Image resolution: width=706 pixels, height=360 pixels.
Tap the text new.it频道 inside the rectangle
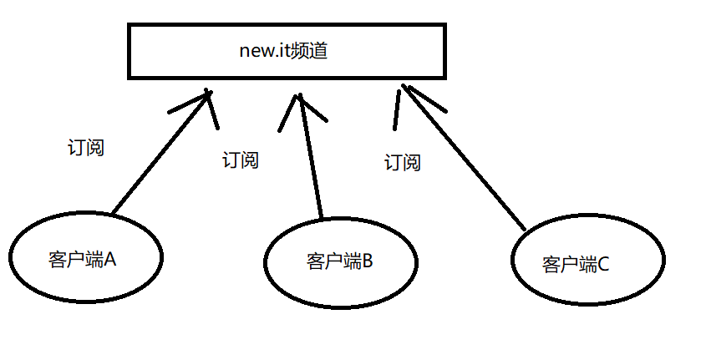(282, 51)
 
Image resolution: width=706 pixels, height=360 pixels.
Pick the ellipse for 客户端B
(340, 262)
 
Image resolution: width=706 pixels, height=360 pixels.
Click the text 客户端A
(82, 259)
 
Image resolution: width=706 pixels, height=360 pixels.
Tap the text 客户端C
(576, 265)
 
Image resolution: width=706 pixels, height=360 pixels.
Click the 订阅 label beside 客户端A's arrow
(86, 148)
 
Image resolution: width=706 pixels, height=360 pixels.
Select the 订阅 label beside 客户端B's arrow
(241, 160)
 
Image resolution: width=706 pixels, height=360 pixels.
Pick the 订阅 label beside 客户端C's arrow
(402, 162)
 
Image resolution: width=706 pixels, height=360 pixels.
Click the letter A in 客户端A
(109, 259)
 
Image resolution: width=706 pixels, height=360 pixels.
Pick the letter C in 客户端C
(603, 265)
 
